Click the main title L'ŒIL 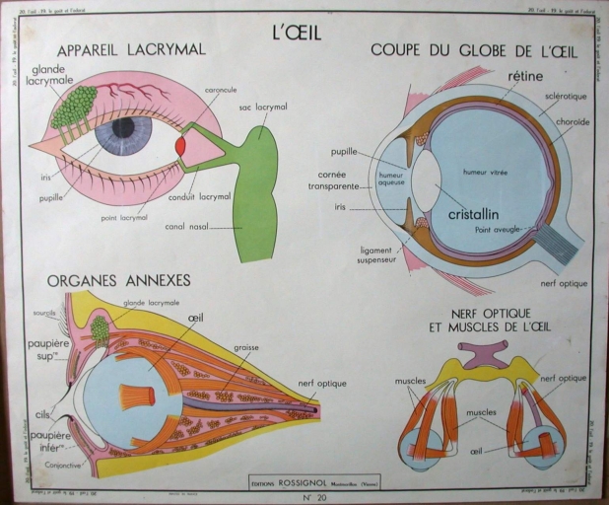tap(296, 32)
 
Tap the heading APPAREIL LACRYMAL tap(131, 50)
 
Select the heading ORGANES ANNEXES tap(118, 281)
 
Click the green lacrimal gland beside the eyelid tap(74, 107)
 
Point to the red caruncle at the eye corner tap(179, 145)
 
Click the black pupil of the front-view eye tap(123, 127)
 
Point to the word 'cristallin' tap(472, 213)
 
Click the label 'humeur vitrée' tap(485, 173)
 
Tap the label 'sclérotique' tap(566, 98)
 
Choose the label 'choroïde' tap(571, 122)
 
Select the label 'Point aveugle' tap(498, 229)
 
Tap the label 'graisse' tap(246, 348)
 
